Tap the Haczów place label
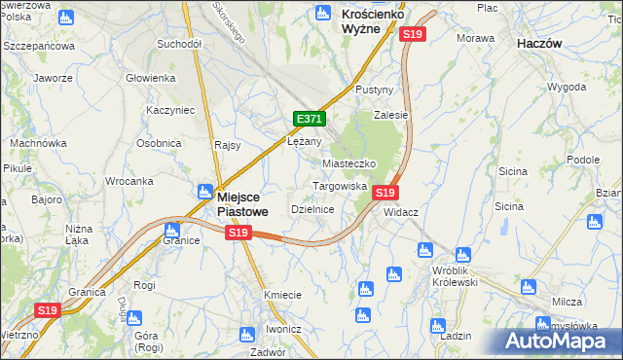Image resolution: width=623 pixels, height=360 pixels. pos(543,44)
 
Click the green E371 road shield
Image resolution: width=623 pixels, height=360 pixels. pos(309,119)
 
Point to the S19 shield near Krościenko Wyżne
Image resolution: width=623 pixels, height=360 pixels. pos(413,34)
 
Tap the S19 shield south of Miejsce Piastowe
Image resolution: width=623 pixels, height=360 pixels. pos(238,233)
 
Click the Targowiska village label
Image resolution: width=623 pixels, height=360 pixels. pos(339,185)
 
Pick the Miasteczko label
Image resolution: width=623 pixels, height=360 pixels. pos(348,163)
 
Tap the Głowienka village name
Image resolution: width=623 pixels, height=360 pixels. pos(150,78)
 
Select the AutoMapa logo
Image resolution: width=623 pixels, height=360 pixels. pos(557,341)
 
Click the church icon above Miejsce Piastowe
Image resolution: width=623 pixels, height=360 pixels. pos(208,171)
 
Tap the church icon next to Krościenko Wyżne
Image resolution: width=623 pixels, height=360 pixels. pos(324,14)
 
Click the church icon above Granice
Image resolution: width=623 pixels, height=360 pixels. pos(171,231)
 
